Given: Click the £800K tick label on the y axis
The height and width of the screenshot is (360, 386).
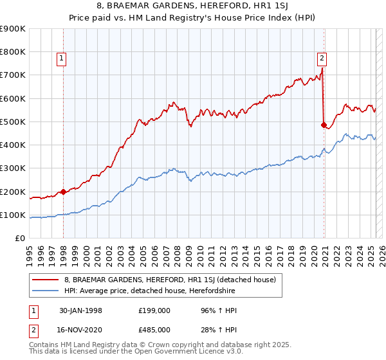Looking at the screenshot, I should click(x=12, y=51).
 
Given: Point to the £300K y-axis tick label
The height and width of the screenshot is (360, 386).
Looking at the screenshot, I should click(x=12, y=168).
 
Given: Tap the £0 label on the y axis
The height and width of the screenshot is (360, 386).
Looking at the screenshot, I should click(x=19, y=239).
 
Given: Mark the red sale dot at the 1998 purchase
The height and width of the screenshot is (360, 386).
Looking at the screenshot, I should click(x=64, y=192).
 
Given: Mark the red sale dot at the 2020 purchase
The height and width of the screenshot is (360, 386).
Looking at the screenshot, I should click(x=324, y=125).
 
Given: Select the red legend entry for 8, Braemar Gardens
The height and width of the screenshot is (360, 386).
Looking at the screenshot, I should click(x=170, y=280).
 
